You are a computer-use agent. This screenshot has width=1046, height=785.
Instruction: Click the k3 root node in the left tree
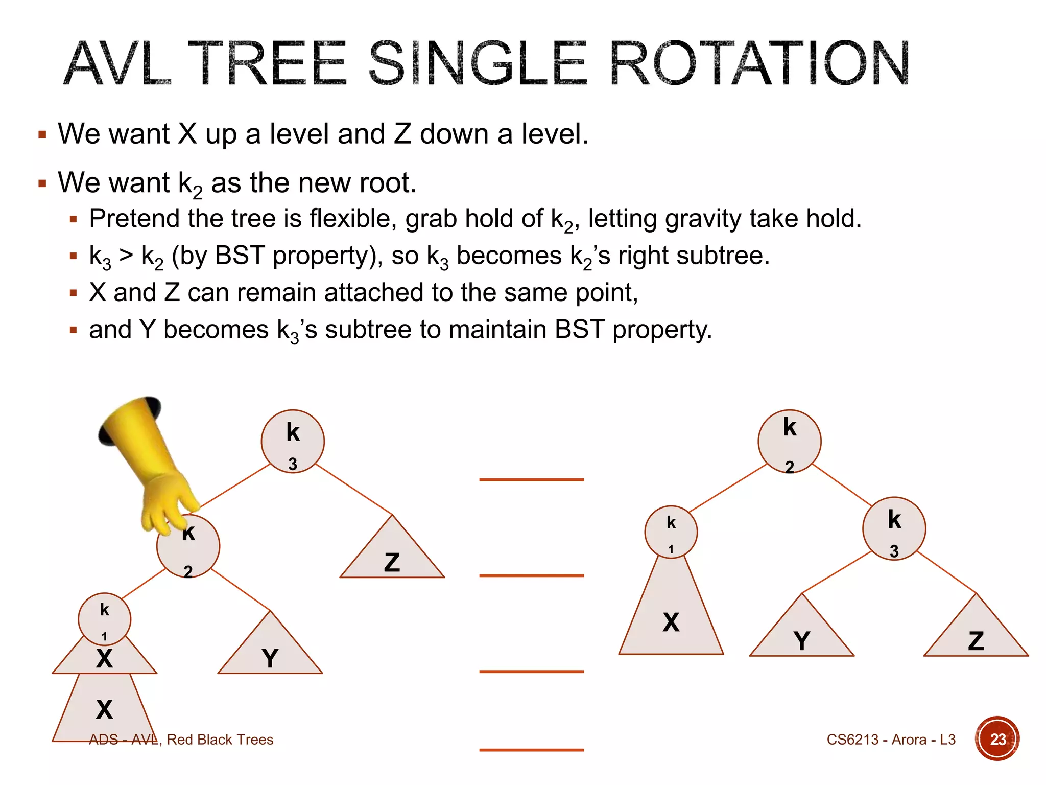pyautogui.click(x=293, y=441)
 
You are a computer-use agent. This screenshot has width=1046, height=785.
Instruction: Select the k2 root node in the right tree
pyautogui.click(x=789, y=441)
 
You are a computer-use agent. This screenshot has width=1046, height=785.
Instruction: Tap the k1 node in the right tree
pyautogui.click(x=671, y=532)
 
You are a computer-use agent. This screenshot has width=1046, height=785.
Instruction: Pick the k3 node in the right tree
pyautogui.click(x=894, y=528)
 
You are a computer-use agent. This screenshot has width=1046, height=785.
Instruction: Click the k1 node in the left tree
pyautogui.click(x=104, y=619)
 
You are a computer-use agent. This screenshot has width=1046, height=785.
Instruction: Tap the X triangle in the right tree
pyautogui.click(x=671, y=618)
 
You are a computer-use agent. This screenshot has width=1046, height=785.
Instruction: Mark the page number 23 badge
pyautogui.click(x=997, y=739)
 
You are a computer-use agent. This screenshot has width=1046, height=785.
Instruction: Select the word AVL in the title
pyautogui.click(x=117, y=63)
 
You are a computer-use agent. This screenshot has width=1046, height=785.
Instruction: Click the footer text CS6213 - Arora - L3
pyautogui.click(x=891, y=740)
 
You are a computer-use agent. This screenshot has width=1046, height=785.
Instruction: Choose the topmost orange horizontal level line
pyautogui.click(x=531, y=479)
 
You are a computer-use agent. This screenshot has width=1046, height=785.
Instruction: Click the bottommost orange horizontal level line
pyautogui.click(x=531, y=750)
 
